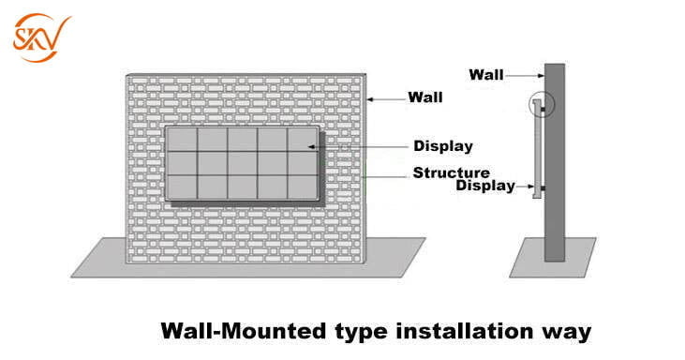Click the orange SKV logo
coord(40,37)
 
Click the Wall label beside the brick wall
coord(425,97)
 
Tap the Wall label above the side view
coord(486,75)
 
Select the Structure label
coord(452,172)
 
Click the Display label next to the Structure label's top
coord(443,146)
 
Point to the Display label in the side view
coord(485,186)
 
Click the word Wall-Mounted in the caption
coord(244,331)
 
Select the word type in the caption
coord(361,333)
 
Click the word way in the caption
coord(567,333)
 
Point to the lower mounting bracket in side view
coord(542,188)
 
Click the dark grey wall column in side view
coord(555,162)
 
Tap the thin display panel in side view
coord(537,149)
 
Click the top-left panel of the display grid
coord(182,140)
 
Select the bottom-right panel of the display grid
coord(303,187)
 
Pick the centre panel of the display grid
coord(242,163)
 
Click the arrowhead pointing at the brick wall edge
coord(369,99)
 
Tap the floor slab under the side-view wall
coord(553,258)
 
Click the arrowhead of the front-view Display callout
coord(311,147)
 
